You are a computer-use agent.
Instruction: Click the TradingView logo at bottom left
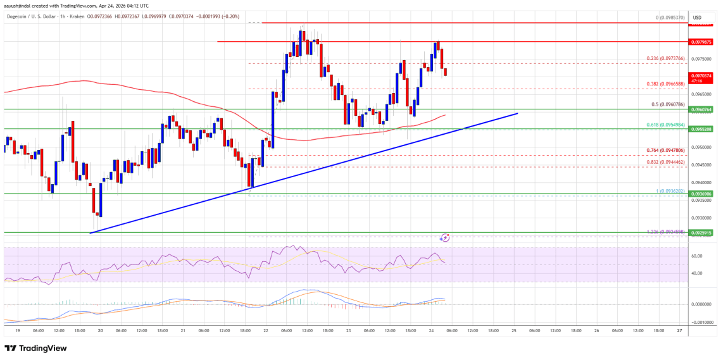tap(37, 348)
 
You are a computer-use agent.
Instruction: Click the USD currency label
tap(697, 17)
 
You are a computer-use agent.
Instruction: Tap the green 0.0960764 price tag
tap(702, 109)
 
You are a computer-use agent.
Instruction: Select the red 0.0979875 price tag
tap(702, 42)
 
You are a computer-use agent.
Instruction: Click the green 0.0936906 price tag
tap(702, 194)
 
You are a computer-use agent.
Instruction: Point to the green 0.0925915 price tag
tap(702, 232)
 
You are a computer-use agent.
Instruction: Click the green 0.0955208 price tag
tap(702, 128)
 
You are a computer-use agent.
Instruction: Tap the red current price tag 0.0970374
tap(702, 76)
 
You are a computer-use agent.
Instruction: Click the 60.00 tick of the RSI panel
tap(698, 256)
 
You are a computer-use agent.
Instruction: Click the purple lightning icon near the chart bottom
tap(445, 238)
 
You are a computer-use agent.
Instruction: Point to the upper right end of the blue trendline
tap(518, 113)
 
